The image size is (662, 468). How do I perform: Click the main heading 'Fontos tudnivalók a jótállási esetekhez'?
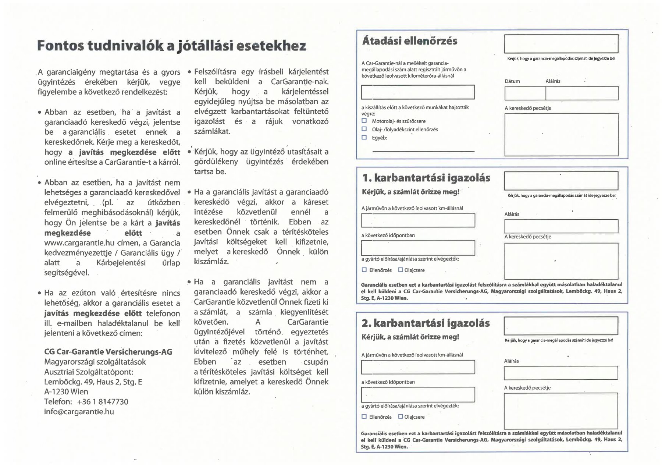click(x=171, y=46)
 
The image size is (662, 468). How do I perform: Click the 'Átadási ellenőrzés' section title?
click(x=410, y=41)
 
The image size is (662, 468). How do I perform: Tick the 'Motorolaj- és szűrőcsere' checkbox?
click(x=364, y=121)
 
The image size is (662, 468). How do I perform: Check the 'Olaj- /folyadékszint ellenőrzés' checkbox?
click(x=364, y=129)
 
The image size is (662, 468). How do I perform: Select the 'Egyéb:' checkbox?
click(x=364, y=138)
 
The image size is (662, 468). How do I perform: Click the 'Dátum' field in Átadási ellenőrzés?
click(x=525, y=93)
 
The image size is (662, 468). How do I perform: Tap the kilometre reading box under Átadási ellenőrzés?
click(x=418, y=92)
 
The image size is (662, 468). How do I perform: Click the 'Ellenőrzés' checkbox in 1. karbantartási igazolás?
click(x=364, y=270)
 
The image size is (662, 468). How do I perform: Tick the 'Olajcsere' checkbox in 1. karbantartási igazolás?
click(x=401, y=270)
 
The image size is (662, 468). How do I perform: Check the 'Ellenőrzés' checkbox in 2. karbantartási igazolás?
click(x=364, y=416)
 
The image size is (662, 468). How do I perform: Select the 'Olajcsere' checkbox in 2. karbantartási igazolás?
click(x=401, y=416)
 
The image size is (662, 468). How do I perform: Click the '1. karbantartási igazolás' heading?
click(x=426, y=178)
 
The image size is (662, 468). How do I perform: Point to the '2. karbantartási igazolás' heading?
click(x=426, y=323)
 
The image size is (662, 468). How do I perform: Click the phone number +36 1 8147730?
click(x=103, y=402)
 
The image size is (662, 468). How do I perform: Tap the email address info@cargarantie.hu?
click(x=79, y=412)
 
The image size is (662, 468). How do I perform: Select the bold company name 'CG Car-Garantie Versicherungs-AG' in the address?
click(x=108, y=352)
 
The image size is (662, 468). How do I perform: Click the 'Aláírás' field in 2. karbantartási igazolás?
click(x=561, y=373)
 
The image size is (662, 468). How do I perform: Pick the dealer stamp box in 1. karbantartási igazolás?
click(x=561, y=261)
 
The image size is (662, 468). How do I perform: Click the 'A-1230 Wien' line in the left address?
click(x=66, y=392)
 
